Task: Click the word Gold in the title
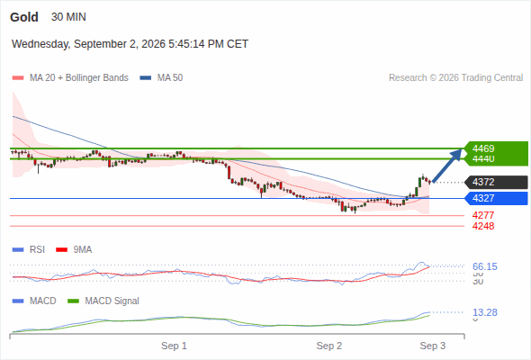(24, 17)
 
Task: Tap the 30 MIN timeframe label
(68, 17)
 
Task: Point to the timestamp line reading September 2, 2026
(130, 44)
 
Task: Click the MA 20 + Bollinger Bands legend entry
(70, 78)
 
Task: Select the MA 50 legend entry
(161, 78)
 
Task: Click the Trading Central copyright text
(455, 78)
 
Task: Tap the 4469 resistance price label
(483, 148)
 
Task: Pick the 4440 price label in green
(483, 158)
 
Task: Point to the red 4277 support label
(483, 215)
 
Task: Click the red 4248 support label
(483, 226)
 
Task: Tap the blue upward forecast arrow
(447, 166)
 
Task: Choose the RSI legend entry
(29, 250)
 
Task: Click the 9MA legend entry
(74, 250)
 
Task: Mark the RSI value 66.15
(485, 267)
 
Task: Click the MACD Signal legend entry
(103, 301)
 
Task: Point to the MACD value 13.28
(485, 312)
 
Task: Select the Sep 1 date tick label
(174, 346)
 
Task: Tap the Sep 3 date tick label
(433, 346)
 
